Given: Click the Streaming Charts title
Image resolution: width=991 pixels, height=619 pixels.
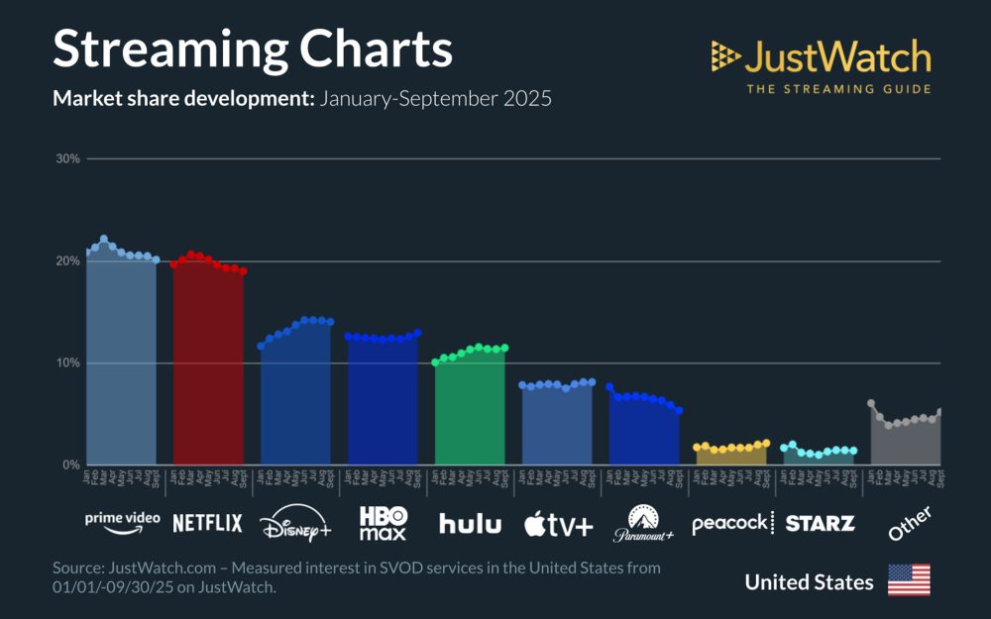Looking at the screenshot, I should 252,50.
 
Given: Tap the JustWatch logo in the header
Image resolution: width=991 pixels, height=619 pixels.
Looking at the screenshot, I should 821,65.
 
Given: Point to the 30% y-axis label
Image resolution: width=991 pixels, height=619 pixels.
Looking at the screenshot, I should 68,158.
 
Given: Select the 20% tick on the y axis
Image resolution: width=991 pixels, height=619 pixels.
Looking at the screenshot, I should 68,261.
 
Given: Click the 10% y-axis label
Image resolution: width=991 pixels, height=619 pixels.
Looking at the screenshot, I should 68,362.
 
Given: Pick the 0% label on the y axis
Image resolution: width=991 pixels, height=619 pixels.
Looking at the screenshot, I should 71,464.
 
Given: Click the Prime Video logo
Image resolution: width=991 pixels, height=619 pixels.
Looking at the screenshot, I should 123,522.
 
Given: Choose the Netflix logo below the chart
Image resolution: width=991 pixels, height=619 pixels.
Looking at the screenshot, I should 207,523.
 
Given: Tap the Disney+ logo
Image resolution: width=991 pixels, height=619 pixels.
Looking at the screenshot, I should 295,525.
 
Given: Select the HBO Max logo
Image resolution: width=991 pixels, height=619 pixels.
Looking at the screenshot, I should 383,524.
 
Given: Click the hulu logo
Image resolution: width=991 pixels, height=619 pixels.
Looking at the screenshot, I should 470,524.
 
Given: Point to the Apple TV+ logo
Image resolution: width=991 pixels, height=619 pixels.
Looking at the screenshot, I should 558,524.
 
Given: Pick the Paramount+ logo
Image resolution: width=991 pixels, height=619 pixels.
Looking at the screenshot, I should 643,524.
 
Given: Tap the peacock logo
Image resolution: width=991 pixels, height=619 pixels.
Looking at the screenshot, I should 731,523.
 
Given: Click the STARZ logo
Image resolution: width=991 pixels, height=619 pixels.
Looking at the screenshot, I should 820,523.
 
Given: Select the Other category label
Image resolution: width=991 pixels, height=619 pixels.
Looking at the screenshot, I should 909,523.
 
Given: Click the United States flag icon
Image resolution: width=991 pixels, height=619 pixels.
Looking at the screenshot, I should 909,580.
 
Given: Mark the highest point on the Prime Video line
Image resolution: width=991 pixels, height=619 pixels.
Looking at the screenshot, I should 104,239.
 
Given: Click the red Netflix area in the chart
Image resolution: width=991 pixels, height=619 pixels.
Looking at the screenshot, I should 208,366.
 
